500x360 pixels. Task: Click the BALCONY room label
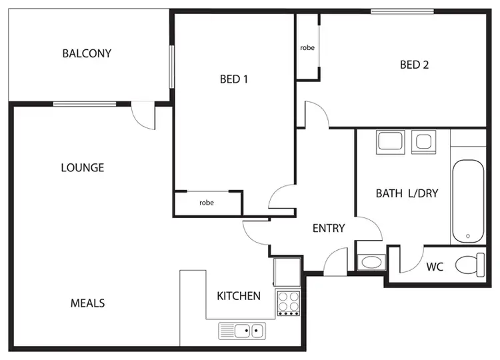pyautogui.click(x=87, y=53)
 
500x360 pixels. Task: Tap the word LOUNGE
pyautogui.click(x=83, y=167)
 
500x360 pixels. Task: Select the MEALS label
pyautogui.click(x=88, y=303)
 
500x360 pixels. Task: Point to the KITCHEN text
pyautogui.click(x=239, y=295)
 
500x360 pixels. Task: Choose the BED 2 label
pyautogui.click(x=414, y=65)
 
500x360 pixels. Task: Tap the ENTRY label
pyautogui.click(x=329, y=228)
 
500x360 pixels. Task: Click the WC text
pyautogui.click(x=435, y=267)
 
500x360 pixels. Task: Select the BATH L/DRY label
pyautogui.click(x=407, y=194)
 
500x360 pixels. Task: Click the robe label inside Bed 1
pyautogui.click(x=206, y=203)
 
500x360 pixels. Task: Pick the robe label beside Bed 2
pyautogui.click(x=307, y=48)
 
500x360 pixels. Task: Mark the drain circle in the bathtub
pyautogui.click(x=468, y=236)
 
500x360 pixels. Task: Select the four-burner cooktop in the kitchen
pyautogui.click(x=289, y=303)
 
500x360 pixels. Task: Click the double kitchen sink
pyautogui.click(x=241, y=329)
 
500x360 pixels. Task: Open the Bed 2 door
pyautogui.click(x=315, y=115)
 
